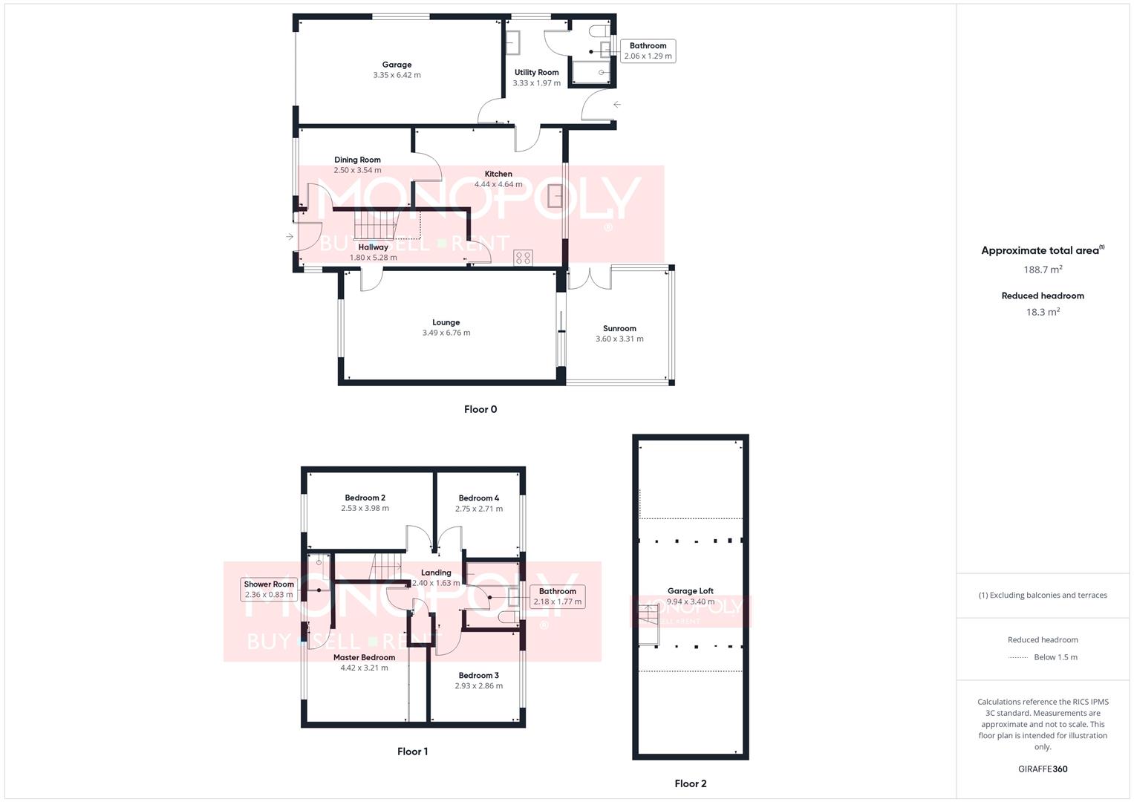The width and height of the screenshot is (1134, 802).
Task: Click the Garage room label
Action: (x=397, y=65)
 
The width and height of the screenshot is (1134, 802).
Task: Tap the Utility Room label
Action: (x=536, y=73)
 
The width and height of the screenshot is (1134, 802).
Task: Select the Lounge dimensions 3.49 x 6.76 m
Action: (x=446, y=333)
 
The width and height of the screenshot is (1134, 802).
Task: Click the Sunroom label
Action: (x=619, y=328)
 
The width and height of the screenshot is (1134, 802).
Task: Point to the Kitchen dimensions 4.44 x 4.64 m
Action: (x=498, y=184)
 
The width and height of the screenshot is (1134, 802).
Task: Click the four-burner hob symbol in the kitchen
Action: (x=523, y=258)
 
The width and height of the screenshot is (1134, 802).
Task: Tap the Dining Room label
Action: (x=357, y=160)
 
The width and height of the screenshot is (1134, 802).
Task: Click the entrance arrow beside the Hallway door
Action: (x=289, y=237)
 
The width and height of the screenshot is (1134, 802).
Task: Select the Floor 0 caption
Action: (x=480, y=409)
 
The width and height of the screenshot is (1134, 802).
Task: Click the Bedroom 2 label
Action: (x=365, y=498)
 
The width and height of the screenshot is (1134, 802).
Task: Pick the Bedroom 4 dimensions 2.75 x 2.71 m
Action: (x=478, y=509)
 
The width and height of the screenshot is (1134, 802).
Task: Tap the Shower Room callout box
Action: (x=269, y=589)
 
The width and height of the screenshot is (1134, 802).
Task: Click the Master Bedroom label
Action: (x=364, y=657)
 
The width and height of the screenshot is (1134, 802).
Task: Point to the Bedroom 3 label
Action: (x=478, y=676)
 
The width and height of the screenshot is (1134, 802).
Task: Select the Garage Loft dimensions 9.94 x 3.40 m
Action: (x=690, y=601)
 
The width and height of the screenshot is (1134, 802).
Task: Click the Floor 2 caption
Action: (x=690, y=783)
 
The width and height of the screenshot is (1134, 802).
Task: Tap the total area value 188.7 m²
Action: (x=1043, y=270)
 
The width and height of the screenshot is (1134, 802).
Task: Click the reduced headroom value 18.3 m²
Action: (x=1043, y=312)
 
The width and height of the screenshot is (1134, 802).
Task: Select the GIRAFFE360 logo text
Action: (x=1043, y=769)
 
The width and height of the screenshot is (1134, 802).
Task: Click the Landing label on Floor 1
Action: (x=436, y=573)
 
